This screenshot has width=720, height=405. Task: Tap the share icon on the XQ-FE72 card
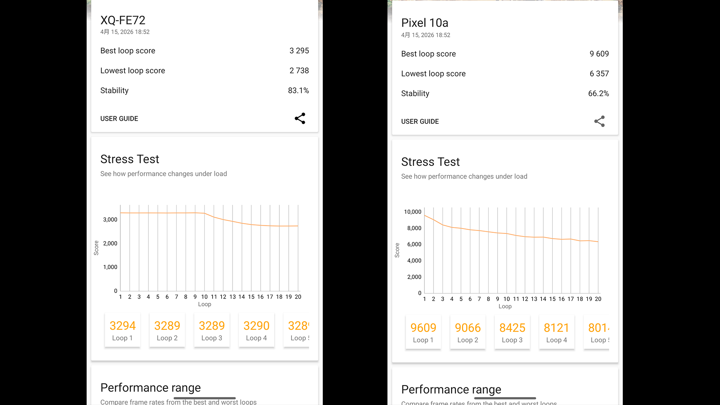click(x=300, y=118)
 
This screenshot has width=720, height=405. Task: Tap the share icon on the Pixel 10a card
click(x=599, y=121)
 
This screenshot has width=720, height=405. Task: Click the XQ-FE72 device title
click(x=123, y=20)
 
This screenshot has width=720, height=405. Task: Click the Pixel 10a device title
click(x=424, y=23)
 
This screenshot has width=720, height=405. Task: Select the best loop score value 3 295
click(x=299, y=51)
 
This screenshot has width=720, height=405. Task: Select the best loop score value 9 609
click(x=599, y=54)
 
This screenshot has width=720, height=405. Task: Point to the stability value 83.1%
click(x=298, y=90)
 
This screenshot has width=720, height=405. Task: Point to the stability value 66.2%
click(x=598, y=93)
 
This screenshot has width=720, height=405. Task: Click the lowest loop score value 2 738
click(x=299, y=70)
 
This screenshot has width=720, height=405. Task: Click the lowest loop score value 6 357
click(x=599, y=73)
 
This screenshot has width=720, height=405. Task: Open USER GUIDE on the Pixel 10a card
click(x=420, y=121)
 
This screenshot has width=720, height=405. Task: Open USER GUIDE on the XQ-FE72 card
click(x=119, y=118)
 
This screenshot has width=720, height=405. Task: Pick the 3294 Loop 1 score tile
click(x=123, y=330)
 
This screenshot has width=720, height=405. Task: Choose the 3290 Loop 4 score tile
click(x=256, y=330)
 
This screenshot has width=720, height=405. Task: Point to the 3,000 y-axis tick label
click(x=110, y=220)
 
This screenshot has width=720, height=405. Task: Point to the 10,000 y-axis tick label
click(x=412, y=212)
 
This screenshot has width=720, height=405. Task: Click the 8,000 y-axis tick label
click(x=414, y=228)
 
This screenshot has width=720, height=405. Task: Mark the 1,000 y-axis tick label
click(x=110, y=267)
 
